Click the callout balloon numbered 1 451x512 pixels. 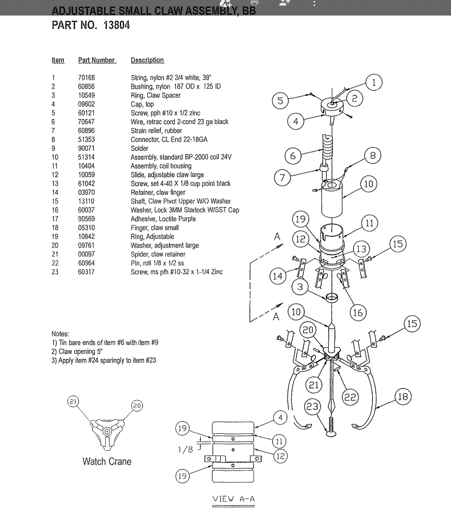coord(374,82)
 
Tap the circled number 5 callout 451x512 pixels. coord(280,101)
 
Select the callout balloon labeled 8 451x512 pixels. coord(373,155)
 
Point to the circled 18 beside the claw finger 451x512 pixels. coord(402,397)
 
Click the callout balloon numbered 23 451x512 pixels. coord(313,407)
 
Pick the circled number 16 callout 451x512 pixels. coord(358,312)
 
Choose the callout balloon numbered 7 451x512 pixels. coord(283,178)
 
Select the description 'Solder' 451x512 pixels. coord(139,148)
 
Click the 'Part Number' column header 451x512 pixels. coord(97,60)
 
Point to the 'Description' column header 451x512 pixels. coord(147,60)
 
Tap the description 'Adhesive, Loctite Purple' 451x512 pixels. coord(163,219)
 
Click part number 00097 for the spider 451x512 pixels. coord(87,254)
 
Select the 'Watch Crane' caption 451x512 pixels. coord(107,461)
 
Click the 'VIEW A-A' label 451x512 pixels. coord(233,499)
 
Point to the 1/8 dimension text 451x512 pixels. coord(186,449)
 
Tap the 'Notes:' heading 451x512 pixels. coord(60,334)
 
